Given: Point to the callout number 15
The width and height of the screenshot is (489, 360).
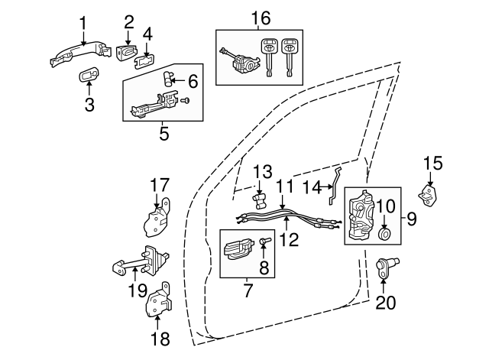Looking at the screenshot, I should tap(433, 163).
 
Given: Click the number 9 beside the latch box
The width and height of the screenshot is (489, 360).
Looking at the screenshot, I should tap(411, 219).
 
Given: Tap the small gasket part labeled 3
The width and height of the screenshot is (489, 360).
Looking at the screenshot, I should tap(88, 75).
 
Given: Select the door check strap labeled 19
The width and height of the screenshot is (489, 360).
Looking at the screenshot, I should tap(141, 264).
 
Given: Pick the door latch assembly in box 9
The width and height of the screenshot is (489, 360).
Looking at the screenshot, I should tap(364, 217).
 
